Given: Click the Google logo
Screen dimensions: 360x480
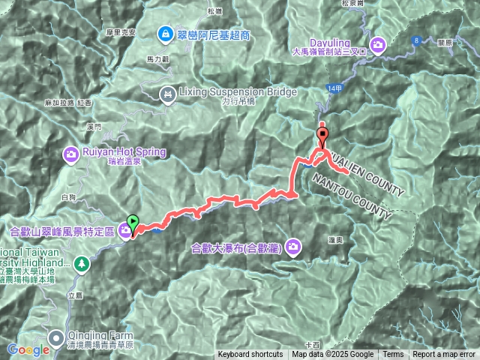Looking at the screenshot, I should tap(28, 349).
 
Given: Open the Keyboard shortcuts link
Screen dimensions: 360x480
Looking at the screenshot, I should tap(250, 355).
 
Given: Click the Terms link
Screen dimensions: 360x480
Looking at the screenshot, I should tap(393, 355).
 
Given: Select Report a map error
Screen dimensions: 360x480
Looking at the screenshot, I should tap(444, 355).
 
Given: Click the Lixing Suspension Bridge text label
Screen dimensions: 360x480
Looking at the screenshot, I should tap(238, 91).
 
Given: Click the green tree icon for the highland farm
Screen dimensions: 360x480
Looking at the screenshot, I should tap(81, 263).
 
